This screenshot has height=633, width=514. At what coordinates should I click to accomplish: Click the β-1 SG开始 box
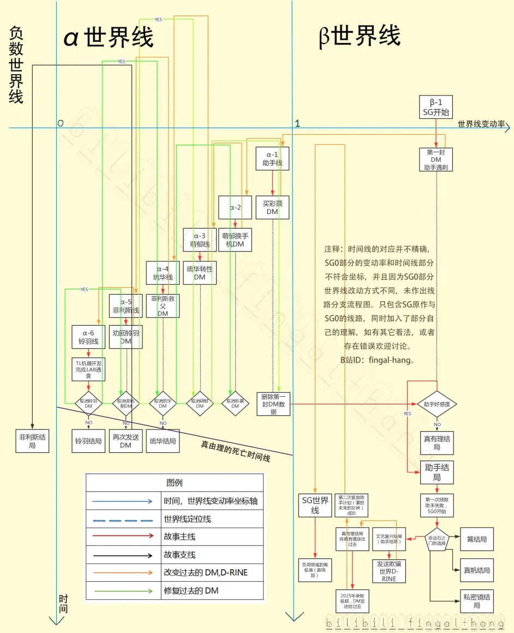click(435, 107)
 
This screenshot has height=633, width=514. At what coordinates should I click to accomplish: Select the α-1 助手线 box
click(272, 158)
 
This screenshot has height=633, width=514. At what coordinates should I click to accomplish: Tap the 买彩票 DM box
click(272, 207)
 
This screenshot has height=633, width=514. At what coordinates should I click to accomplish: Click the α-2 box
click(235, 207)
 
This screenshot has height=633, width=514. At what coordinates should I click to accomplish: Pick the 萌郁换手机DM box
click(236, 240)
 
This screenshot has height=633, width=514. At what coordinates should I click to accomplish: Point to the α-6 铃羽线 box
click(88, 337)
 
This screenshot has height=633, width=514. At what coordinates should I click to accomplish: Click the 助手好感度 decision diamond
click(437, 404)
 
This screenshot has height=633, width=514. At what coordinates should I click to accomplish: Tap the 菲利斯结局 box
click(32, 440)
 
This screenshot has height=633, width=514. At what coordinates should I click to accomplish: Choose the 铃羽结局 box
click(89, 441)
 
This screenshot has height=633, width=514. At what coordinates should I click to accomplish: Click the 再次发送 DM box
click(126, 441)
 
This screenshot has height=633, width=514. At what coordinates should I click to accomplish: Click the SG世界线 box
click(315, 505)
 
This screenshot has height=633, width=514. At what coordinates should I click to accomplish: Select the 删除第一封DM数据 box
click(276, 404)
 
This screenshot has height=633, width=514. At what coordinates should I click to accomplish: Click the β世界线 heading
click(360, 36)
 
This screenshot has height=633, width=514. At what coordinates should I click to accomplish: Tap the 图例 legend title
click(174, 482)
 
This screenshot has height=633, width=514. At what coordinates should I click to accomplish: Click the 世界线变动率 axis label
click(481, 124)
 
